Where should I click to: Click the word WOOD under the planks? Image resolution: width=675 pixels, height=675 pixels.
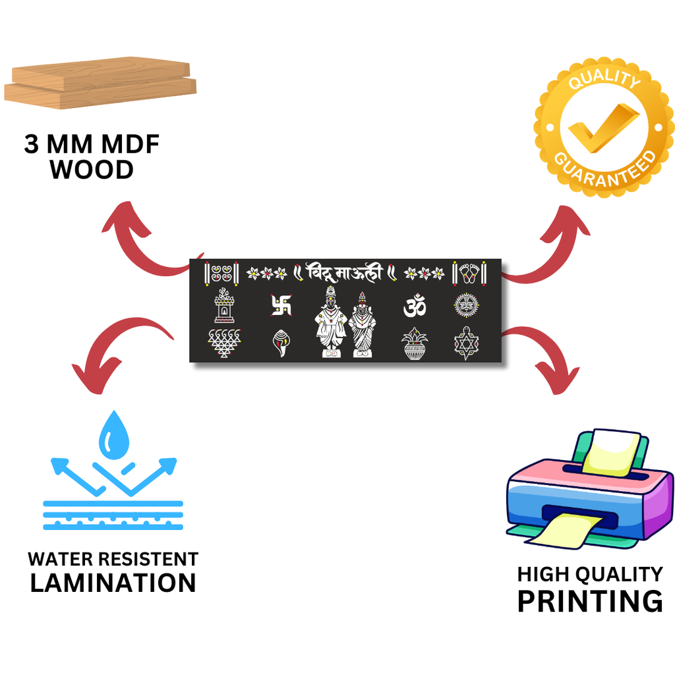tap(92, 170)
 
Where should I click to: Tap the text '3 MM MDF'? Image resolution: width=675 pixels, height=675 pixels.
tap(92, 144)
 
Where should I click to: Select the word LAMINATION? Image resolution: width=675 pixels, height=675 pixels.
tap(113, 583)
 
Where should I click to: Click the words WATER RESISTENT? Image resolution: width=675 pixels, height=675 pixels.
tap(113, 559)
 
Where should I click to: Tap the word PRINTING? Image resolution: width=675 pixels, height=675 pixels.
tap(590, 601)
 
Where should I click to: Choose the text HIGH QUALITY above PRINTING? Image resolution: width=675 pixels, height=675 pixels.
tap(590, 574)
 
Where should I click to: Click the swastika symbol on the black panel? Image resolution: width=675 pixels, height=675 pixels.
tap(280, 305)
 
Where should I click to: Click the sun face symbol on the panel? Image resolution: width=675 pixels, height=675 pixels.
tap(466, 305)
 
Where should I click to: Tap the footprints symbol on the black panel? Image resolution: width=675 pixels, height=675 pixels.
tap(469, 272)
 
